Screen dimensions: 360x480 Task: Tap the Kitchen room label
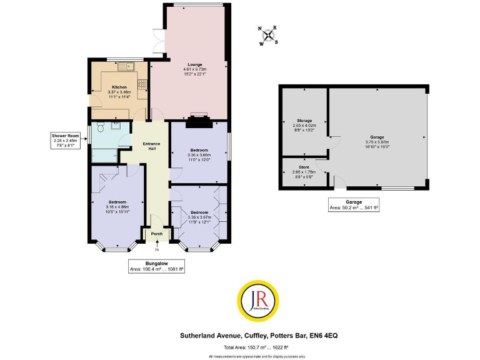tap(119, 87)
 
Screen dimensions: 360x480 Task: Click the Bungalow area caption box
tap(156, 266)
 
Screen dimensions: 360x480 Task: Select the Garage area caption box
tap(354, 204)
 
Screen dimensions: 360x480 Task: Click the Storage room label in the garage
tap(304, 121)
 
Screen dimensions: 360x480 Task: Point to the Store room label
tap(304, 167)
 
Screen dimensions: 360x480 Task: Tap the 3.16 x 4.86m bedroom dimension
tap(117, 207)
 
